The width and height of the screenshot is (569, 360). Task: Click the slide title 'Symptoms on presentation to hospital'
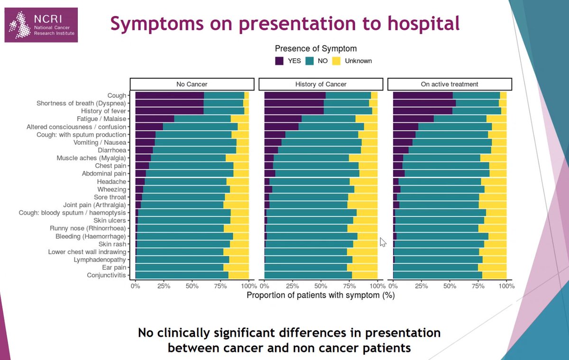pos(285,23)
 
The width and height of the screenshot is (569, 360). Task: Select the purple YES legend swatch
pos(280,61)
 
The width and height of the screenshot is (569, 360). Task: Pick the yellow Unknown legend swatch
pos(337,61)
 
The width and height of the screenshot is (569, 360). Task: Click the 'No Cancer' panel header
pos(192,84)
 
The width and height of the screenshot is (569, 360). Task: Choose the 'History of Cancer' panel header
pos(321,84)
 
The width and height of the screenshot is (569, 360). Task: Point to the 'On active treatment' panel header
pos(450,84)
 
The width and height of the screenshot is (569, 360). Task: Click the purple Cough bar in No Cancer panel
pos(169,95)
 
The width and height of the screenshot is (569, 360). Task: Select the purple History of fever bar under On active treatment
pos(422,111)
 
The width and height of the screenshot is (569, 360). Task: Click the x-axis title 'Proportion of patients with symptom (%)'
pos(321,295)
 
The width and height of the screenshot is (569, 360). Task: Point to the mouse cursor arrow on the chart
pos(383,242)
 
